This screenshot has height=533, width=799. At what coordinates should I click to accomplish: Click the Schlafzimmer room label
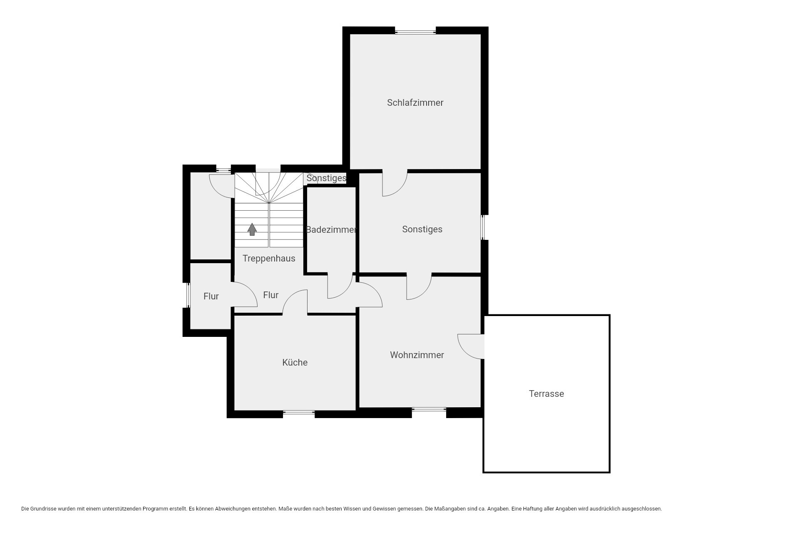[x=415, y=102]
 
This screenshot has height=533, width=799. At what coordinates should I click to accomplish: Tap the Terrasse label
[x=546, y=394]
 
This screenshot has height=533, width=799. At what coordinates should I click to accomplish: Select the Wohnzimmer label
[x=417, y=355]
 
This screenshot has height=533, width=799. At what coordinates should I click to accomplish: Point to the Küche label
[x=295, y=362]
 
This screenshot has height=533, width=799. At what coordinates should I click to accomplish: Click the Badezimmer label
[x=331, y=229]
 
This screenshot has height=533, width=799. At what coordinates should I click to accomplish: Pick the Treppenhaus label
[x=269, y=258]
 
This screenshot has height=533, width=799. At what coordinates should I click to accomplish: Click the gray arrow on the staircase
[x=252, y=229]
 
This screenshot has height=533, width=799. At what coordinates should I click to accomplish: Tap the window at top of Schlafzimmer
[x=415, y=30]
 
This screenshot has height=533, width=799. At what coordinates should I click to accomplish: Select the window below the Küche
[x=299, y=413]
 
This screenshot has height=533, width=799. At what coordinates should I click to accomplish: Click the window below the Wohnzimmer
[x=429, y=410]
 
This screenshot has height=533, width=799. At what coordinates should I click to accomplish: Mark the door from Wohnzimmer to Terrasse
[x=471, y=346]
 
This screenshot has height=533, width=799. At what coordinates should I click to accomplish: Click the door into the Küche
[x=295, y=302]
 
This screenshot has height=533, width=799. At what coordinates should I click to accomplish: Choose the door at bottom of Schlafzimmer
[x=395, y=183]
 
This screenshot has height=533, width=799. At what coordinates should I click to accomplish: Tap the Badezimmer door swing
[x=340, y=286]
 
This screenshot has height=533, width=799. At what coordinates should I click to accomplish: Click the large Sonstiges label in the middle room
[x=422, y=229]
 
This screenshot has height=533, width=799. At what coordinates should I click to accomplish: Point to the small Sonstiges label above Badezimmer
[x=326, y=178]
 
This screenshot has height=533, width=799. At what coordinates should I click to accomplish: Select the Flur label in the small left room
[x=211, y=296]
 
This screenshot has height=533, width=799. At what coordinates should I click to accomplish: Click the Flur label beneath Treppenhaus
[x=271, y=295]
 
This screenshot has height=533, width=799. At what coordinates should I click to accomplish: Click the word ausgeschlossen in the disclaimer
[x=640, y=508]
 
